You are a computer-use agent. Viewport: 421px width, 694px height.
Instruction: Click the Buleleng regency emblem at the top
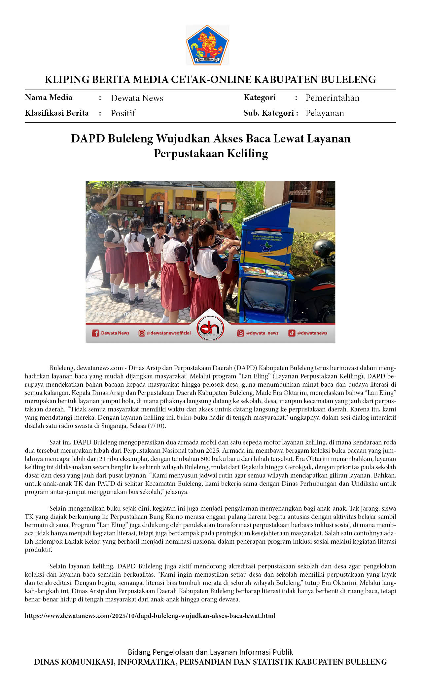[x=207, y=45]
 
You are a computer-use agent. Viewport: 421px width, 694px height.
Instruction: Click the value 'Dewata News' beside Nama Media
[x=137, y=98]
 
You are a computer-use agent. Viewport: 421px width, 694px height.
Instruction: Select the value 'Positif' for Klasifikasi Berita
[x=123, y=113]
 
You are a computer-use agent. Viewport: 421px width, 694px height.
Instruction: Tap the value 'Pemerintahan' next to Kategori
[x=332, y=98]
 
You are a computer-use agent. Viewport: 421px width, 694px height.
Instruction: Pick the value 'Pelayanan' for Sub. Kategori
[x=325, y=113]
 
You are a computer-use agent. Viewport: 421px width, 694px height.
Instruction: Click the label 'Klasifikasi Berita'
[x=57, y=113]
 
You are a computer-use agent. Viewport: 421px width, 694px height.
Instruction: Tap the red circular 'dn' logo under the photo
[x=210, y=328]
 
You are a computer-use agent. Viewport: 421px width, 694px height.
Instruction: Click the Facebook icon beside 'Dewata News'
[x=95, y=333]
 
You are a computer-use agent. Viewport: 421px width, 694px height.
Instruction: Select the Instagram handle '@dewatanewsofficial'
[x=168, y=333]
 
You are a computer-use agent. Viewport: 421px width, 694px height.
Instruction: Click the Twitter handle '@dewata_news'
[x=262, y=333]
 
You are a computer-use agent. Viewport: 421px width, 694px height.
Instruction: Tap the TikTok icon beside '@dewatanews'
[x=292, y=333]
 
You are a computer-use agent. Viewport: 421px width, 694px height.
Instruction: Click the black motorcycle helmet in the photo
[x=324, y=249]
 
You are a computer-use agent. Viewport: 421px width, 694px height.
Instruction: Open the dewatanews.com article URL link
[x=150, y=616]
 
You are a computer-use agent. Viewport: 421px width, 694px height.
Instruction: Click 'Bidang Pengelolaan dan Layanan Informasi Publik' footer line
[x=210, y=652]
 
